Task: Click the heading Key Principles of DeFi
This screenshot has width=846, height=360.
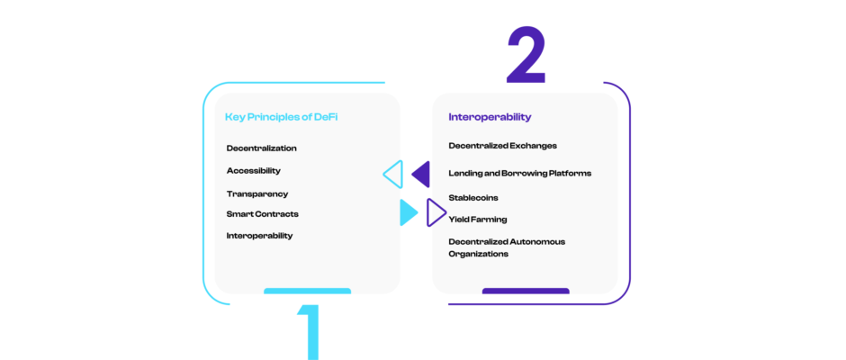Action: click(282, 117)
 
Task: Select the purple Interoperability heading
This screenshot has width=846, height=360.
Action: click(490, 117)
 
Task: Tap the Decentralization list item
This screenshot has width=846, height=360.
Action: click(262, 148)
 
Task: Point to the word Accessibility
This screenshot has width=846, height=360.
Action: click(254, 170)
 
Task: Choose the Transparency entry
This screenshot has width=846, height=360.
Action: click(257, 193)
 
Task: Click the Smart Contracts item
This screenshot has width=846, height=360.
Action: click(263, 214)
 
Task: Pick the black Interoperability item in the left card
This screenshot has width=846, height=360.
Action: click(260, 236)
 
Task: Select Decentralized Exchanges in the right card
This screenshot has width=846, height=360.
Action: click(503, 146)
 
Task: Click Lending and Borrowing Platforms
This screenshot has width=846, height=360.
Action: click(520, 173)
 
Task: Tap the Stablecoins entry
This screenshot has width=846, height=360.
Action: click(473, 197)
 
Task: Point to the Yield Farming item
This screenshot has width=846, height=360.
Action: click(478, 219)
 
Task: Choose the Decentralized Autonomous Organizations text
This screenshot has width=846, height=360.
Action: click(507, 247)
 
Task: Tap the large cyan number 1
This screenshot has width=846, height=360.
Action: click(309, 331)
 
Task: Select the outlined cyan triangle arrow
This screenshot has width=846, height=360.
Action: click(393, 174)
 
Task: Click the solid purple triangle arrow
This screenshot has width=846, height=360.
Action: click(421, 174)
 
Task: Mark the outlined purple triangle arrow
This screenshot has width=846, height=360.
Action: click(436, 212)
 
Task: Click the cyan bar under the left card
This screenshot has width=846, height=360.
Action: click(307, 292)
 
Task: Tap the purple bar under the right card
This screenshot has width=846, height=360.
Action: click(526, 292)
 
